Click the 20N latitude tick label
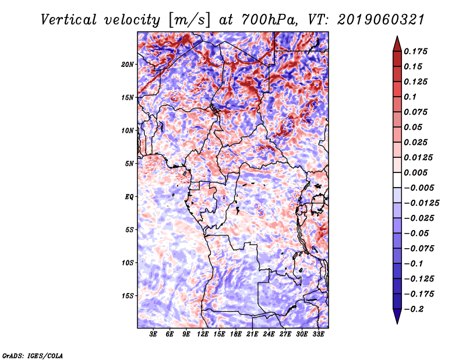pos(128,65)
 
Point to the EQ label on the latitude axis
pos(129,197)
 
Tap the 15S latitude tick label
pos(128,296)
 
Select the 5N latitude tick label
pos(129,164)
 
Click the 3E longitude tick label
pos(153,334)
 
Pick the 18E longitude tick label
pos(236,334)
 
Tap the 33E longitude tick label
pos(318,334)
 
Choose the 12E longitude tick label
pos(203,334)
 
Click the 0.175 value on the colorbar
pos(415,51)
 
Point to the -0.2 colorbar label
pos(414,309)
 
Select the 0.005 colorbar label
pos(415,172)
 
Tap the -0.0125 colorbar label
pos(421,203)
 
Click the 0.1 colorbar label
pos(410,97)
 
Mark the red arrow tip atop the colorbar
pos(397,36)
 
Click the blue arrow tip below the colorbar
pos(397,323)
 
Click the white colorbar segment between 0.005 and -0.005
pos(397,180)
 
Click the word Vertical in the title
pos(69,20)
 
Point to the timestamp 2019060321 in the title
pos(381,20)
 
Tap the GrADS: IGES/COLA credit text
pos(33,356)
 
